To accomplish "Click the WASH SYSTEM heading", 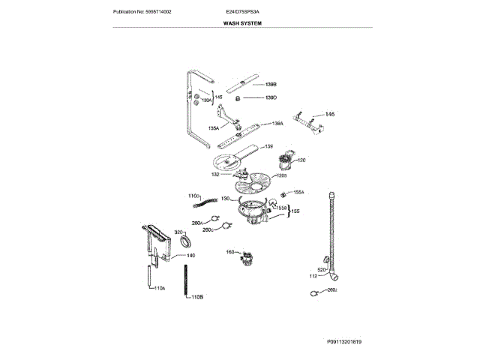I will (241, 23).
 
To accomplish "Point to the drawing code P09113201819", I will (343, 341).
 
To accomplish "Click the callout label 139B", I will (271, 84).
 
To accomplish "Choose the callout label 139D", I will (271, 97).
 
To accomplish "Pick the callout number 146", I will (329, 114).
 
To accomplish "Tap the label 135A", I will (214, 128).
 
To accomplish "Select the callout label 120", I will (301, 160).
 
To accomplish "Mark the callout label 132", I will (215, 174).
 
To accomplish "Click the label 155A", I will (298, 192).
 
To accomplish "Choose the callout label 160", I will (230, 251).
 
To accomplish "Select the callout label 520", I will (322, 269).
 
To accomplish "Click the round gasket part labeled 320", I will (188, 241).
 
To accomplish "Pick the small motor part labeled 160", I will (245, 259).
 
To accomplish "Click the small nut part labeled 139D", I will (239, 98).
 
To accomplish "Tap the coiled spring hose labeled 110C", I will (207, 200).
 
